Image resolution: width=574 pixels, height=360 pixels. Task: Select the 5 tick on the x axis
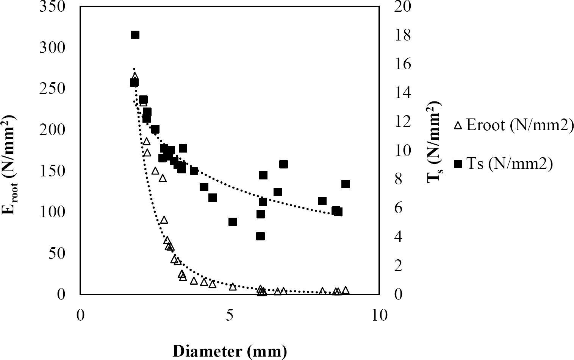(230, 315)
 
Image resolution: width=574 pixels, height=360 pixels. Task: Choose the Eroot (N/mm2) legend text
(519, 125)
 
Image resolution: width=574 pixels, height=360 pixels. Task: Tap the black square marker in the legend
(458, 164)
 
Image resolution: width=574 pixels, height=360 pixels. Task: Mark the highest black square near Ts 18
(135, 35)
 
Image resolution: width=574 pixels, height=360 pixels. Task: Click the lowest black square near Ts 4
(260, 236)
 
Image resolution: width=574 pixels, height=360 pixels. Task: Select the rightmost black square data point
(345, 184)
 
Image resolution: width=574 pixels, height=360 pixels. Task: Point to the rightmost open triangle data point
(345, 290)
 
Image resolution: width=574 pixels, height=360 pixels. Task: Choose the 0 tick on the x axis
(80, 315)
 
